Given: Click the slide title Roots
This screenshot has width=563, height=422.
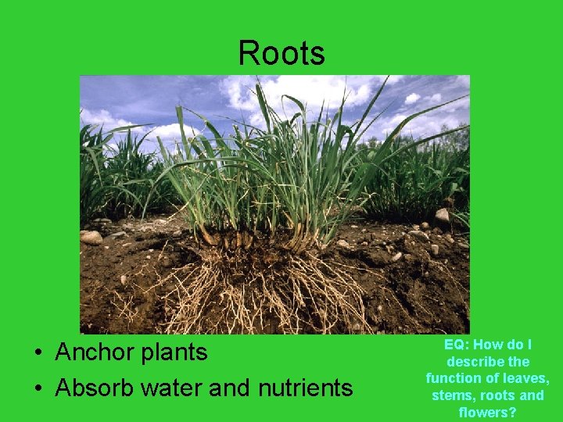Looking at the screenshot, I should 281,53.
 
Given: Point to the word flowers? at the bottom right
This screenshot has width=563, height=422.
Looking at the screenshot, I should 488,412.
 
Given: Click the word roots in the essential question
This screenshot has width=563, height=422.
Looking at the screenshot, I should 500,395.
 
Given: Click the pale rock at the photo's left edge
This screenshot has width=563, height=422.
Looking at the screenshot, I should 91,237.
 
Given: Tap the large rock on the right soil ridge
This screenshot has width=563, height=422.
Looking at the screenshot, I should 443,215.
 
